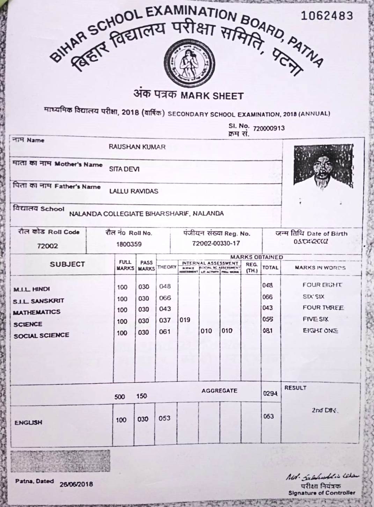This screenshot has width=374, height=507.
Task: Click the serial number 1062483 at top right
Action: click(327, 15)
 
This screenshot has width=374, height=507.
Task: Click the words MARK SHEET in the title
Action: click(212, 96)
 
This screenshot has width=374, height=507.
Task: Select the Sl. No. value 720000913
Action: click(269, 128)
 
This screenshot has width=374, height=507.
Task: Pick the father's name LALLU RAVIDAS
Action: click(134, 191)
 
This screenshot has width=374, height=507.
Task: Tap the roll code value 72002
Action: click(47, 246)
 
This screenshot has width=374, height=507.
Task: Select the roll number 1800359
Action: click(129, 244)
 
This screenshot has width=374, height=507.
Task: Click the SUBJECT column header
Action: click(67, 264)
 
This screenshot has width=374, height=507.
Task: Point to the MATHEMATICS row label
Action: click(37, 312)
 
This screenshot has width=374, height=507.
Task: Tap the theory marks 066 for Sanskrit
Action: click(165, 298)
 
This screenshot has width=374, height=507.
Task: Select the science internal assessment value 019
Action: click(185, 320)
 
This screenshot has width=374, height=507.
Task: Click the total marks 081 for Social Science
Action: click(267, 331)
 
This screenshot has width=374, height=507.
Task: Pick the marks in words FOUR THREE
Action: click(323, 308)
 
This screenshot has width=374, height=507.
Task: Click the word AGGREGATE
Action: click(219, 391)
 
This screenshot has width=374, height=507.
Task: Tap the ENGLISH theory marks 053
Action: click(164, 419)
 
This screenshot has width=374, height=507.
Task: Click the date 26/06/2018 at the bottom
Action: click(76, 484)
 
